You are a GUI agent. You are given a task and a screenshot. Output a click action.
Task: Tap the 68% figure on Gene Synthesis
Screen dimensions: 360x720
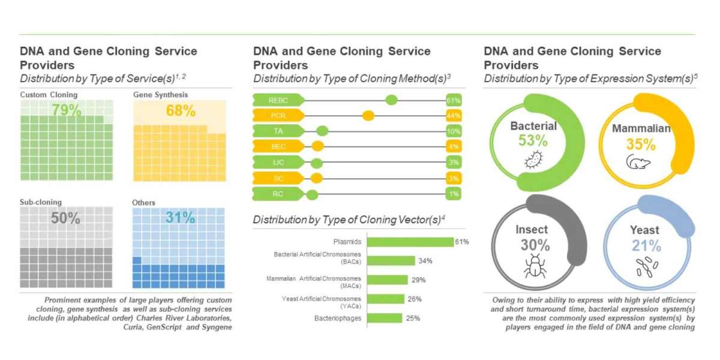[180, 110]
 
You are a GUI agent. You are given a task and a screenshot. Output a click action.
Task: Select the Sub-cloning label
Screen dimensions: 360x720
[41, 202]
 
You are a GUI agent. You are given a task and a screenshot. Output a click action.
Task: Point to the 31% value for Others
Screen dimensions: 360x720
[180, 218]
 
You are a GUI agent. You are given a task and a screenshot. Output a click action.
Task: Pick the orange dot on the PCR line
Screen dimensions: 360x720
[368, 115]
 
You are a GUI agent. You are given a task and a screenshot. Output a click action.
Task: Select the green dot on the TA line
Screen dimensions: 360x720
[322, 131]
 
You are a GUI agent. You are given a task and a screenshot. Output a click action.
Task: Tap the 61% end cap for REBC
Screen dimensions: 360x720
[453, 100]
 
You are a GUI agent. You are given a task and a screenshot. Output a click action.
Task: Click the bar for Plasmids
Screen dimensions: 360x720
[410, 242]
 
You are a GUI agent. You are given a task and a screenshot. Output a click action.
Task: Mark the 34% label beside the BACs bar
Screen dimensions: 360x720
[425, 260]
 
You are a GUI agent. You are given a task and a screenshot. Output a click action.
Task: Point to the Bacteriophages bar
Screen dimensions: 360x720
[385, 317]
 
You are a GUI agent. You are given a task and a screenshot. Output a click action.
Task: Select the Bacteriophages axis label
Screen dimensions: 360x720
[338, 317]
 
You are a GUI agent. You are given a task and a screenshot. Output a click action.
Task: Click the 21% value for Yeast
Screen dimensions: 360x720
[646, 245]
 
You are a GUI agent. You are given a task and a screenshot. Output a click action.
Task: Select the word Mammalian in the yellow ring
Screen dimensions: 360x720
[641, 129]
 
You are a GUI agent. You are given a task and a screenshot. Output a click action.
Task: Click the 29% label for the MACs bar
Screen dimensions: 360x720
[418, 280]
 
